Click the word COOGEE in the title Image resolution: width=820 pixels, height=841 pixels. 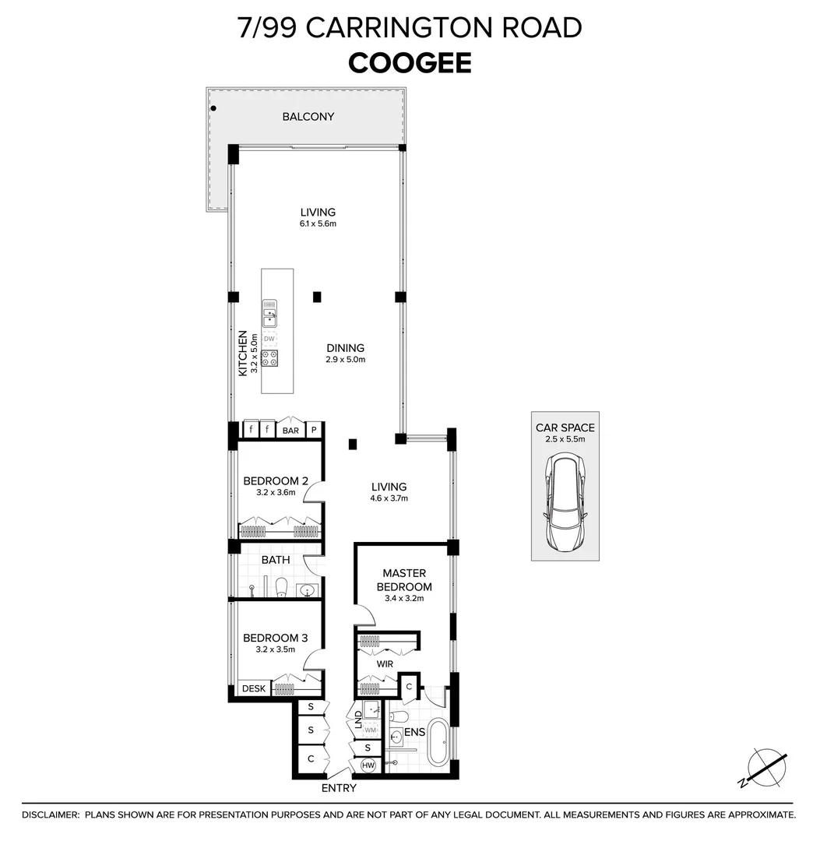pyautogui.click(x=410, y=62)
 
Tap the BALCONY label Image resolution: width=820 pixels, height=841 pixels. pyautogui.click(x=308, y=117)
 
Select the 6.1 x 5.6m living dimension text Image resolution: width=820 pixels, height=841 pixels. pyautogui.click(x=318, y=224)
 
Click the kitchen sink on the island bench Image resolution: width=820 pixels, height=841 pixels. pyautogui.click(x=269, y=317)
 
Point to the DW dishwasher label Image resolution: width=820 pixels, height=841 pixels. pyautogui.click(x=269, y=339)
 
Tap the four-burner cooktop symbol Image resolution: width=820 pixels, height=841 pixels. pyautogui.click(x=269, y=358)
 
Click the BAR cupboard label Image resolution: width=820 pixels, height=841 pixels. pyautogui.click(x=290, y=430)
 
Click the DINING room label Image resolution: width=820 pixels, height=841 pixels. pyautogui.click(x=345, y=348)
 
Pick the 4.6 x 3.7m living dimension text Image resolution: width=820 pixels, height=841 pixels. pyautogui.click(x=389, y=498)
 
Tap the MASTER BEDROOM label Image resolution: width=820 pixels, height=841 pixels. pyautogui.click(x=403, y=580)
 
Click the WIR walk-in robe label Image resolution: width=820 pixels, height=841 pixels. pyautogui.click(x=384, y=665)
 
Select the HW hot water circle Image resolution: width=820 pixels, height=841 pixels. pyautogui.click(x=369, y=766)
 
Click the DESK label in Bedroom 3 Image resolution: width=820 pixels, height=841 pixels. pyautogui.click(x=254, y=688)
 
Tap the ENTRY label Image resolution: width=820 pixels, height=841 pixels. pyautogui.click(x=339, y=788)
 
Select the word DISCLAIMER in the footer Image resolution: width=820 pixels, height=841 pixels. pyautogui.click(x=50, y=815)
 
